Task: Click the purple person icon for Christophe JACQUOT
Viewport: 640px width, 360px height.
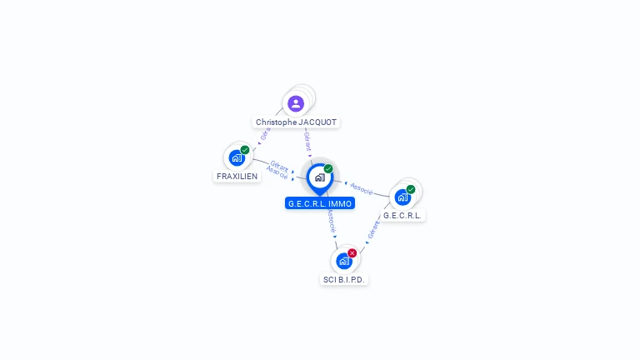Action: (x=296, y=104)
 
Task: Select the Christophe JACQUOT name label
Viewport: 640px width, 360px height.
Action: (x=296, y=122)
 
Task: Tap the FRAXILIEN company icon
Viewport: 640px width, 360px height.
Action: (x=237, y=157)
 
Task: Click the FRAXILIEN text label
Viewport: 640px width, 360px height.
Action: (x=237, y=177)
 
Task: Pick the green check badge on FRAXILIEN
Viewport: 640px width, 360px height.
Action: (x=245, y=150)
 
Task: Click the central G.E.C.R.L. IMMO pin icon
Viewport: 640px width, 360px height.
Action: (x=319, y=177)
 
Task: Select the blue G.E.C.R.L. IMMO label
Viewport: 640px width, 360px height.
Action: (x=320, y=203)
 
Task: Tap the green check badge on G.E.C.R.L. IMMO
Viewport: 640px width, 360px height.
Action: (x=328, y=169)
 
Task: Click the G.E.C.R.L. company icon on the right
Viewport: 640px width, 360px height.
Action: (x=402, y=197)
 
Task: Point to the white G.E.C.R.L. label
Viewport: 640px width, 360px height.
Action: (x=402, y=215)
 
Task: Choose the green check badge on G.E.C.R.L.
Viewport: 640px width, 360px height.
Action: (x=411, y=189)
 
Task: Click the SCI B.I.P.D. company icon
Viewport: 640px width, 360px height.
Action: (x=343, y=261)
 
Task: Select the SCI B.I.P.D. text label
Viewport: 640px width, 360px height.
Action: (x=344, y=279)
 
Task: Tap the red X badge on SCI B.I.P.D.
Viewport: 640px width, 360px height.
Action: (x=352, y=252)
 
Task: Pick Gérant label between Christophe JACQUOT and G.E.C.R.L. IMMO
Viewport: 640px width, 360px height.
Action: (x=307, y=140)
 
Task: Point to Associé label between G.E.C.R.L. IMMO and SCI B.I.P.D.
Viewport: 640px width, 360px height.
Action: (x=331, y=221)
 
